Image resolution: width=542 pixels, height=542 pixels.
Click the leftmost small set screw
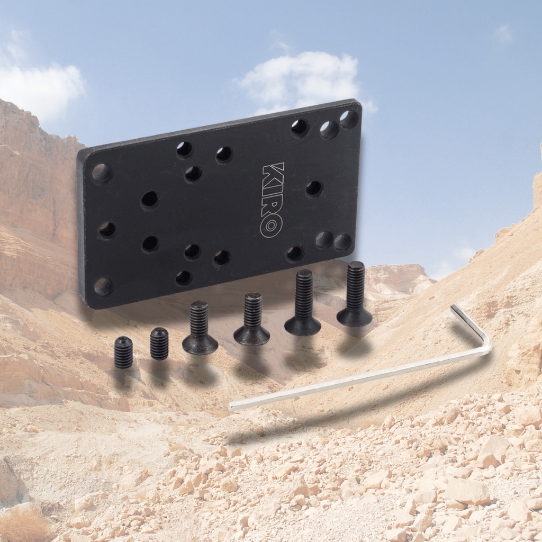[x=123, y=353]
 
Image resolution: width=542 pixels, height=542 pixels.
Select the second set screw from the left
[x=159, y=344]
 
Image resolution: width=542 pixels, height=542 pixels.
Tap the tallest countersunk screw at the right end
[x=355, y=294]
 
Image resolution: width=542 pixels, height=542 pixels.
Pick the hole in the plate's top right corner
[x=349, y=119]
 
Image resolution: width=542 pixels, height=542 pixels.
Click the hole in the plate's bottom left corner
[x=103, y=286]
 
